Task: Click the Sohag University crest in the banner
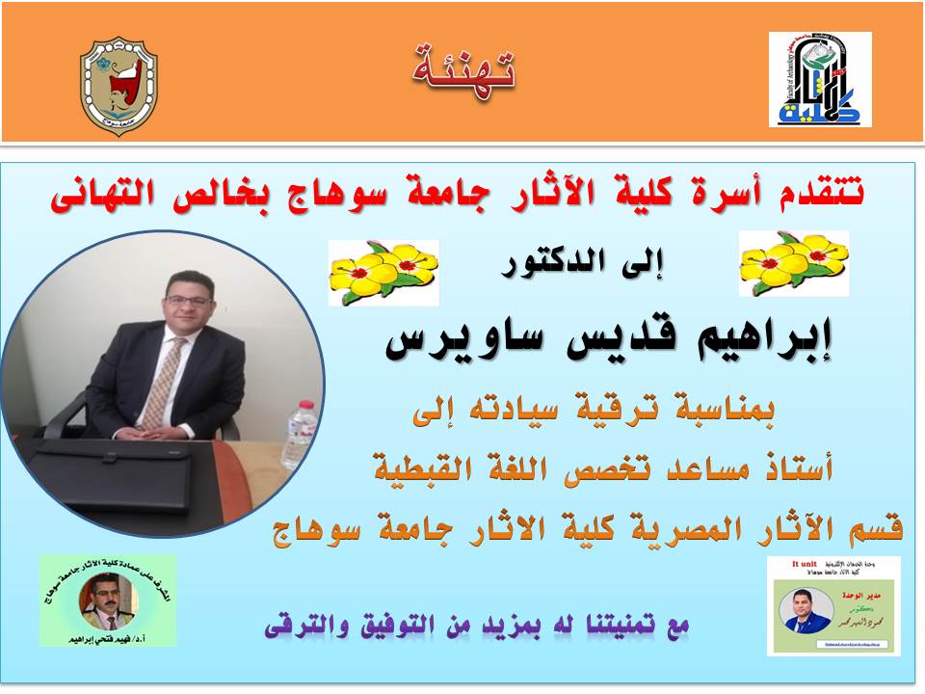click(x=119, y=86)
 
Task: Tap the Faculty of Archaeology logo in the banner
click(x=820, y=79)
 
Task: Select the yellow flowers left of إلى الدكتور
click(x=383, y=273)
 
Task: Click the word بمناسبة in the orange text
click(x=722, y=414)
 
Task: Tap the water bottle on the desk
click(x=300, y=435)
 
